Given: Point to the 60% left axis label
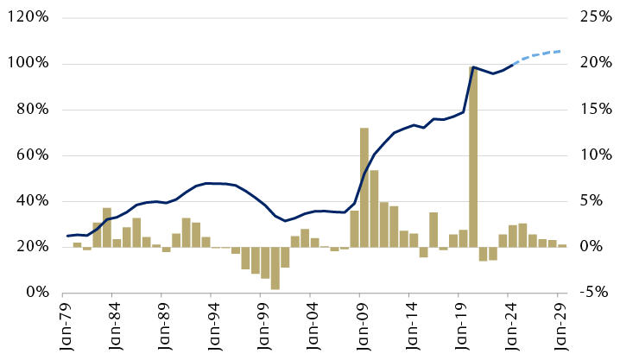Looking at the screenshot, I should click(31, 155).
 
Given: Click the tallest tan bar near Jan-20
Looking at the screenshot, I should click(473, 155).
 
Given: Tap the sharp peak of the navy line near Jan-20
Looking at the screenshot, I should click(473, 66).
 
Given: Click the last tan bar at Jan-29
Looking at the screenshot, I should click(562, 246).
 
